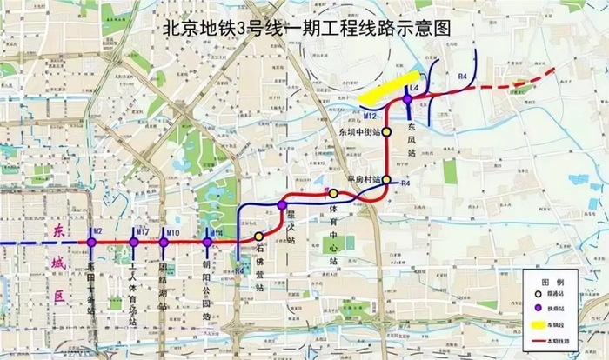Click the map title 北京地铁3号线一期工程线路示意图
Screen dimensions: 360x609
coord(308,27)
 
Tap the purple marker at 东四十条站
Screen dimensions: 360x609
coord(91,242)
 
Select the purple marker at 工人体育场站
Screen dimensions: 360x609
coord(133,242)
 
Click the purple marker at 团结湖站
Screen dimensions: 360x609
coord(164,242)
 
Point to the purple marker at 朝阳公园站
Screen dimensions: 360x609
coord(206,242)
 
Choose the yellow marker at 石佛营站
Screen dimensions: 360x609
coord(258,236)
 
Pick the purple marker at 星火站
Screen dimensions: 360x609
coord(282,205)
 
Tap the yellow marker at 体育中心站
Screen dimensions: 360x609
coord(332,192)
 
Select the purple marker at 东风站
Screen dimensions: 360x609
coord(406,100)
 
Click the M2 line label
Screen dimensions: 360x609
coord(98,231)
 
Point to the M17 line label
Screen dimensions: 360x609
coord(141,231)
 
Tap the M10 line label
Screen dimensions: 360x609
coord(172,231)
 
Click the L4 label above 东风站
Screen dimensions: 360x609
coord(415,89)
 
